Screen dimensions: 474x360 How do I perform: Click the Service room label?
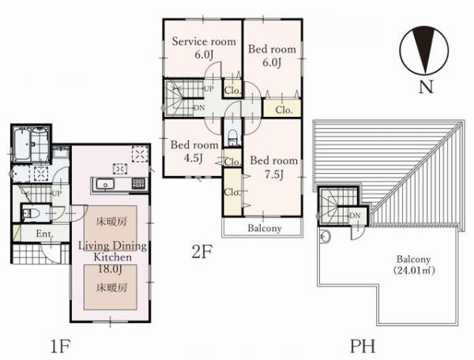[x=204, y=41]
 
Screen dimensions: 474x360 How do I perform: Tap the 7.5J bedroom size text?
[x=274, y=174]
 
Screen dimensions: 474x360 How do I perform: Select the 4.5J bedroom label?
[x=194, y=158]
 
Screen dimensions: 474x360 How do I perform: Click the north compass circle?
[x=424, y=51]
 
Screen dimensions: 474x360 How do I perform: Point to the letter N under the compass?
[x=427, y=87]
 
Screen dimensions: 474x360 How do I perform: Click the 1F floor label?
[x=61, y=346]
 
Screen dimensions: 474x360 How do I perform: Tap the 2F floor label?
[x=202, y=252]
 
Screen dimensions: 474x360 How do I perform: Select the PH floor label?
[x=363, y=346]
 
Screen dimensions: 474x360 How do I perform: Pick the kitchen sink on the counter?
[x=105, y=184]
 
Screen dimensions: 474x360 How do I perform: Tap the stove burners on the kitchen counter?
[x=138, y=183]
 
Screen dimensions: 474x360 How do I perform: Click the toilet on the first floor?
[x=31, y=214]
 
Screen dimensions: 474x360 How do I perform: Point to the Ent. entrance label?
[x=45, y=234]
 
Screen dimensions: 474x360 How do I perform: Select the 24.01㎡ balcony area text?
[x=414, y=270]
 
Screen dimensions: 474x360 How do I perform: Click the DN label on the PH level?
[x=355, y=216]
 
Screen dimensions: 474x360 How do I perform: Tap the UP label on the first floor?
[x=57, y=193]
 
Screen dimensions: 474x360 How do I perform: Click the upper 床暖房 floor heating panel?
[x=111, y=224]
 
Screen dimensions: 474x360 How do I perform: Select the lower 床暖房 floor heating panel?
[x=111, y=287]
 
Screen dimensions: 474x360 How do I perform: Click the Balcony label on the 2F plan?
[x=265, y=228]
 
